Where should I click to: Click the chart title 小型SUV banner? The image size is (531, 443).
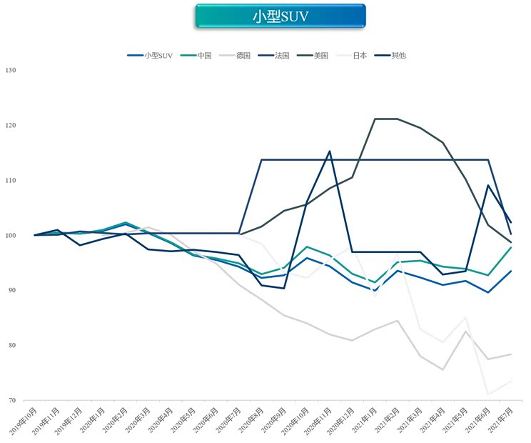[280, 16]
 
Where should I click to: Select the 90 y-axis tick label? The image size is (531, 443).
[11, 290]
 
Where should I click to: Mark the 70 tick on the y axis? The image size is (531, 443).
[11, 401]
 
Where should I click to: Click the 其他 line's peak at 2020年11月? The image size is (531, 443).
[329, 151]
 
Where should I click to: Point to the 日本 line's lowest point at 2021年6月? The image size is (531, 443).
[488, 394]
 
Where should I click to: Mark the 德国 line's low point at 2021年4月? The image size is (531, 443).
[442, 369]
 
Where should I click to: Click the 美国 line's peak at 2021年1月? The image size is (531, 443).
[375, 119]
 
